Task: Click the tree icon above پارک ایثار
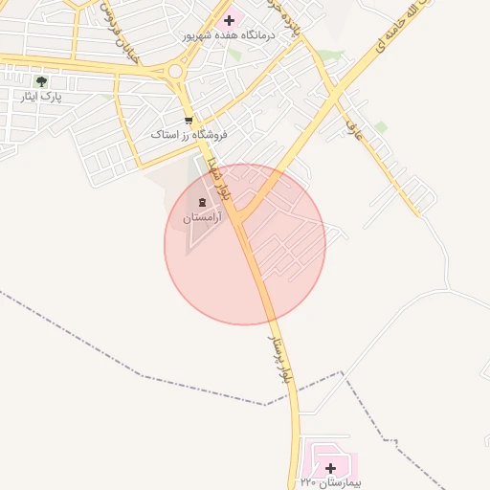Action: tap(41, 81)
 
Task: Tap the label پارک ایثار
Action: tap(41, 97)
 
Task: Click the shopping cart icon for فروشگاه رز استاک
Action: tap(188, 121)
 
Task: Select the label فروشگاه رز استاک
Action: tap(188, 135)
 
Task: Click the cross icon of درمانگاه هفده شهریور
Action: tap(228, 19)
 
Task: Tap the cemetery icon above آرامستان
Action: tap(201, 202)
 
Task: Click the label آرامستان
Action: tap(201, 217)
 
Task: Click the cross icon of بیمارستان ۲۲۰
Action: tap(330, 468)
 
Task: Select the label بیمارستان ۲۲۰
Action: tap(330, 482)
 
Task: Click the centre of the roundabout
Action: tap(174, 70)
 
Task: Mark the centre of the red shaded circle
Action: tap(245, 244)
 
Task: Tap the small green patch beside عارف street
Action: tap(381, 126)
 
